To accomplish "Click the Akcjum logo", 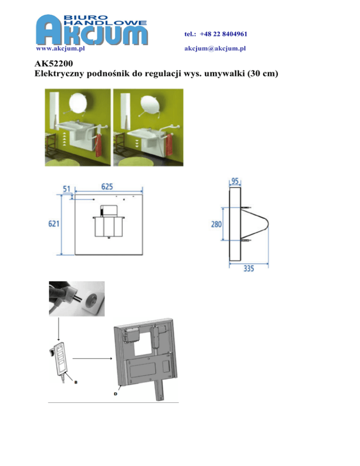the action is coord(91,30).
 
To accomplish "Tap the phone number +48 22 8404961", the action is coord(223,34).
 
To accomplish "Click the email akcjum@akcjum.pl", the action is coord(215,48).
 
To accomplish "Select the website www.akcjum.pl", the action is coord(60,48).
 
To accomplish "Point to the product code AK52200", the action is coord(54,63).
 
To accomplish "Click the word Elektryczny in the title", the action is coord(60,74).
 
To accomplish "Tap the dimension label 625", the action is coord(107,187).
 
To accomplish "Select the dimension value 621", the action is coord(54,224).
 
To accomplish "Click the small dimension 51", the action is coord(67,189).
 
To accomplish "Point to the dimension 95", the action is coord(235,181).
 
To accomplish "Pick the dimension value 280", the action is coord(217,224).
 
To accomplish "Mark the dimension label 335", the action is coord(249,268).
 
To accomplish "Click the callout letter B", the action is coord(76,382).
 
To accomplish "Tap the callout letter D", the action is coord(116,394).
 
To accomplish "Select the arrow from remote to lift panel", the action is coord(92,359).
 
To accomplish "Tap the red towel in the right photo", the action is coord(169,145).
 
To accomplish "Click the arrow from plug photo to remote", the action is coord(58,329).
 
